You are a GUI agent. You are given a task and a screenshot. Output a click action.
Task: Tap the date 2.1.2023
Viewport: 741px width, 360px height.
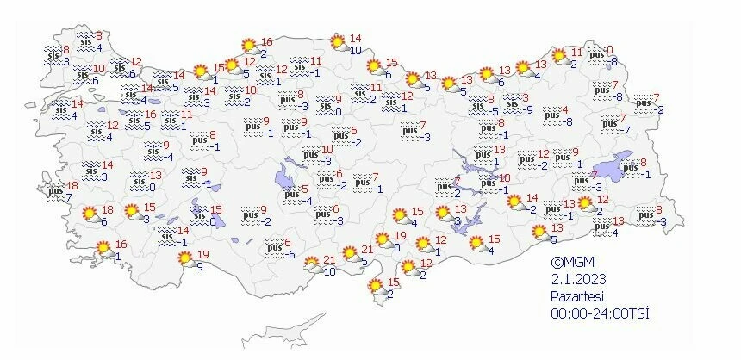coord(579,280)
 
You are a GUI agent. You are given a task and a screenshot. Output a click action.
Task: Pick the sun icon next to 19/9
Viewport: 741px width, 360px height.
coord(183,258)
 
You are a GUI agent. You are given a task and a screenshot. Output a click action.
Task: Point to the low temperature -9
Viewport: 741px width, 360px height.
coord(529,109)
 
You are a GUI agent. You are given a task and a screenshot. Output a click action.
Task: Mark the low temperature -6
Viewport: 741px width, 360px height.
coord(292,254)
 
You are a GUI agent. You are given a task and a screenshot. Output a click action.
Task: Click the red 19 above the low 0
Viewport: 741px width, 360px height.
coord(400,236)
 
